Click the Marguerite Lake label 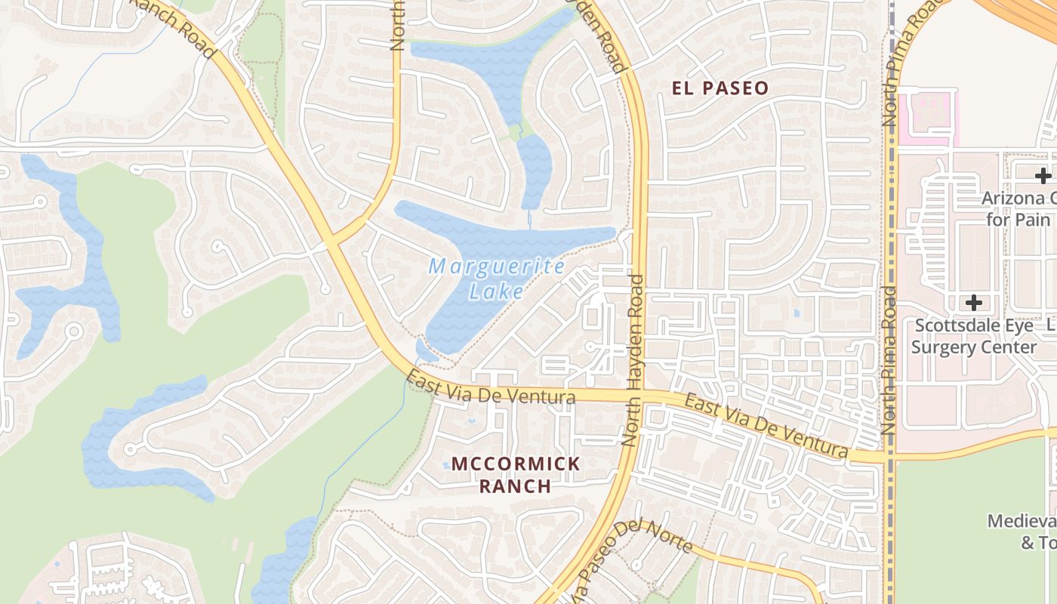click(497, 279)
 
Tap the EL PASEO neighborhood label click(720, 88)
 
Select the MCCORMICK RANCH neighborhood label click(516, 474)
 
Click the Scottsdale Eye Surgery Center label click(974, 336)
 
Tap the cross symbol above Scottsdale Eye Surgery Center click(974, 304)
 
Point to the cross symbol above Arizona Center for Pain click(1043, 176)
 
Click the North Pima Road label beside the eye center click(889, 359)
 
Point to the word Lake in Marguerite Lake click(495, 291)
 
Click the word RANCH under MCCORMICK click(516, 485)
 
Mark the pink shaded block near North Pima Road click(927, 117)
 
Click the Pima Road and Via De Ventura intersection click(889, 457)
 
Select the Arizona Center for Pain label click(1019, 209)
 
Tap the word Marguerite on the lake click(497, 267)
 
